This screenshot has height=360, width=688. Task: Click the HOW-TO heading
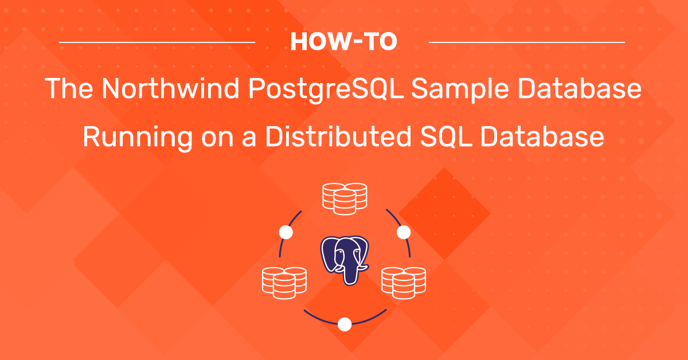point(343,41)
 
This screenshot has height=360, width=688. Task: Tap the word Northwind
point(170,88)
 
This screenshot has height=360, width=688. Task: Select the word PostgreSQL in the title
point(326,89)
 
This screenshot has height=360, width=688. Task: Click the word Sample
point(459,89)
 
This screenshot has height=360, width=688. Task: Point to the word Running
point(138,138)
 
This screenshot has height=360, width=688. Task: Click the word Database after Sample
point(580,88)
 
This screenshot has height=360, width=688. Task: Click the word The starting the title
point(69,88)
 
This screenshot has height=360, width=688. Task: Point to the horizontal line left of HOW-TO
point(157,42)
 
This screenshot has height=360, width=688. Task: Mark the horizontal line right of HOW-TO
point(527,42)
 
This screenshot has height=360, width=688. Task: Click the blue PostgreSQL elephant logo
point(345,260)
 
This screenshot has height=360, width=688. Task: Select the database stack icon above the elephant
point(345,199)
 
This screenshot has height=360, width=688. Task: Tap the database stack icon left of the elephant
point(284,283)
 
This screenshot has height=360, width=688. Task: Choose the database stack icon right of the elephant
point(404,283)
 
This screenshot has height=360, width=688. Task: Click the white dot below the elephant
point(345,324)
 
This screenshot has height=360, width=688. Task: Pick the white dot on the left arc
point(286,232)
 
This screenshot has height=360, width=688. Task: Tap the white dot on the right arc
point(404,232)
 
